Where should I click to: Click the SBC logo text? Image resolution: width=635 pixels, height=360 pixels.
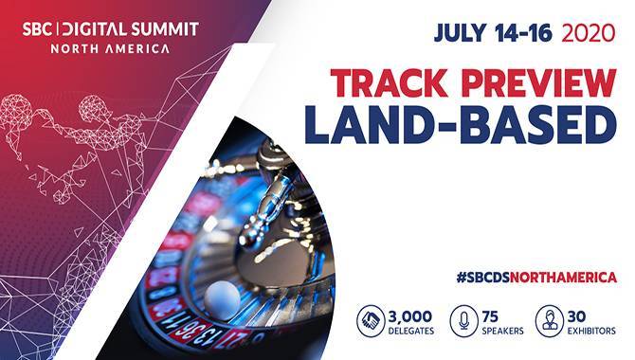tap(39, 27)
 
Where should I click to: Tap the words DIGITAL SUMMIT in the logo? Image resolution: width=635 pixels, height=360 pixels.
tap(135, 27)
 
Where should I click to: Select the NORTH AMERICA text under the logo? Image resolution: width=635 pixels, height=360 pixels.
tap(111, 47)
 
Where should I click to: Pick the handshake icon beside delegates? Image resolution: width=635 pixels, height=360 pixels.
tap(371, 320)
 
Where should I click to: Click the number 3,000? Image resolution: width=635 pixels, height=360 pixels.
tap(410, 314)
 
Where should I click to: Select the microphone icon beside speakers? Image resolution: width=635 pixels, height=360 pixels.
tap(463, 320)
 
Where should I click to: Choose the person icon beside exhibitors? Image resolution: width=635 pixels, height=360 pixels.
tap(549, 320)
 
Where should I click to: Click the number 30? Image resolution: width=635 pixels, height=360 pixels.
tap(579, 314)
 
